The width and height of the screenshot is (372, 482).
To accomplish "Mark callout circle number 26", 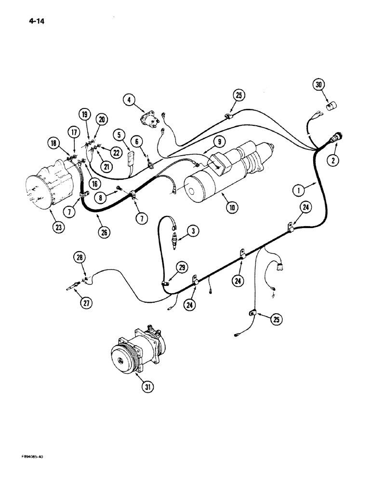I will (x=104, y=232).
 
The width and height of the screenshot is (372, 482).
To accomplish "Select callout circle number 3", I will (x=192, y=232).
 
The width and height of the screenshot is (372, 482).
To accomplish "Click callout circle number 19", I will (x=84, y=114).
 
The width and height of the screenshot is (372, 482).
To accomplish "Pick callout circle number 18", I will (x=53, y=142).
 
